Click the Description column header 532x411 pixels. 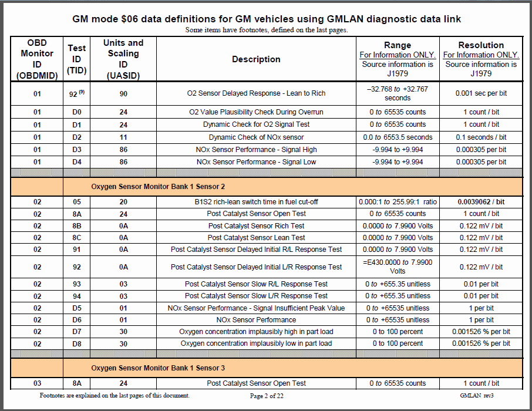pyautogui.click(x=256, y=59)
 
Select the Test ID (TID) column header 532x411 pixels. pyautogui.click(x=76, y=59)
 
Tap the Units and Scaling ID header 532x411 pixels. pyautogui.click(x=123, y=59)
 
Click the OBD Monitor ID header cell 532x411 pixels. pyautogui.click(x=37, y=59)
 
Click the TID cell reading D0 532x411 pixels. pyautogui.click(x=76, y=112)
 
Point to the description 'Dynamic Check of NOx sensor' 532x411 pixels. pyautogui.click(x=256, y=137)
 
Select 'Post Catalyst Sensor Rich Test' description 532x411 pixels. pyautogui.click(x=256, y=226)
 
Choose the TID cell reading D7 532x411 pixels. pyautogui.click(x=76, y=332)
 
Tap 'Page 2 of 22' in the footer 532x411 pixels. pyautogui.click(x=267, y=396)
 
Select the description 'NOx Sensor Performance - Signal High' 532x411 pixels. pyautogui.click(x=256, y=149)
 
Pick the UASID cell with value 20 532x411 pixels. pyautogui.click(x=123, y=201)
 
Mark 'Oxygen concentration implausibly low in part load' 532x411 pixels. pyautogui.click(x=256, y=343)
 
